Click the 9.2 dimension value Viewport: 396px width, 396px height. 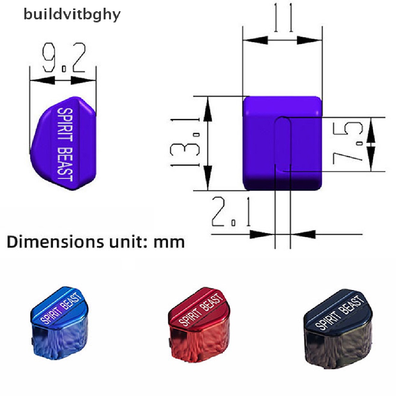pyautogui.click(x=64, y=57)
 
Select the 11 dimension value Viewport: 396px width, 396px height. pyautogui.click(x=283, y=18)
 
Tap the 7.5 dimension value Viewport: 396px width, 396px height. pyautogui.click(x=348, y=143)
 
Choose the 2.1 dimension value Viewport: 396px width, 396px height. pyautogui.click(x=231, y=212)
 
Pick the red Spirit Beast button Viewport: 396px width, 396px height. pyautogui.click(x=199, y=325)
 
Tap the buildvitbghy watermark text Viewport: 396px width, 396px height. pyautogui.click(x=72, y=15)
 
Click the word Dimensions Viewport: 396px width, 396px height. pyautogui.click(x=55, y=242)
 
